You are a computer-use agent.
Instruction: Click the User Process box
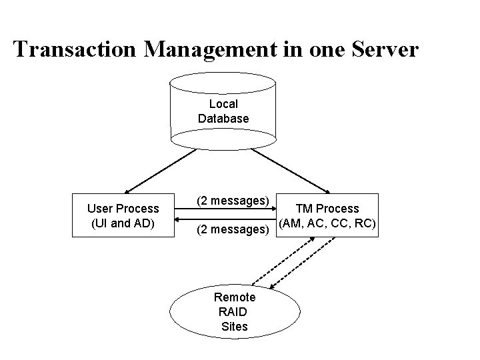(x=123, y=216)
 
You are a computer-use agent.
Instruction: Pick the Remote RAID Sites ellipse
(x=234, y=311)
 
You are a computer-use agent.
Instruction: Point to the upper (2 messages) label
(x=232, y=201)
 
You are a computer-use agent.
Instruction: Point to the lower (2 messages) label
(x=232, y=230)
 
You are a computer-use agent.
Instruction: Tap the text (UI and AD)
(x=123, y=223)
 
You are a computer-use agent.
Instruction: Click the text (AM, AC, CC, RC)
(x=327, y=223)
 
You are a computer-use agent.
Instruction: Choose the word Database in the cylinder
(x=223, y=119)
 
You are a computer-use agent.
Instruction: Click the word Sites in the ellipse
(x=235, y=326)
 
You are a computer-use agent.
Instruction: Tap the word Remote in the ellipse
(x=234, y=297)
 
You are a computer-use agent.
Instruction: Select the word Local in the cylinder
(x=223, y=104)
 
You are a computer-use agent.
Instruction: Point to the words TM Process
(x=327, y=209)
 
